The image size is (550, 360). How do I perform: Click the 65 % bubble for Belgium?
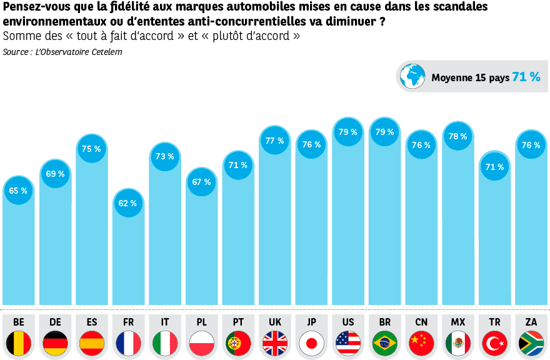pos(19,191)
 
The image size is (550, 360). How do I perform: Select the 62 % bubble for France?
pos(128,203)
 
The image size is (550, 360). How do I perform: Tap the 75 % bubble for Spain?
pos(92,149)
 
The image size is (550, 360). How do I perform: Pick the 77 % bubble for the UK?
pos(275,141)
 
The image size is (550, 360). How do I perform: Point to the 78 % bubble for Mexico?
pos(458,136)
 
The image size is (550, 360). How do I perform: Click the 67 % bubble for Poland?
pos(201,182)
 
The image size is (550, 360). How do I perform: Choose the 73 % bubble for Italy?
pos(165,156)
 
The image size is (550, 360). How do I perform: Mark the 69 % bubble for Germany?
pos(56,174)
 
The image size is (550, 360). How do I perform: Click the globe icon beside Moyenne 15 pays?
pos(412,76)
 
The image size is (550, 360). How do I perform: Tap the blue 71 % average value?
pos(526,77)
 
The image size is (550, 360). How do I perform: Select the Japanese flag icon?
pos(311,343)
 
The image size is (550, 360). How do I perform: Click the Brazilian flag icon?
pos(385,343)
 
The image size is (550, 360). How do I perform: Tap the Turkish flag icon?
pos(494,343)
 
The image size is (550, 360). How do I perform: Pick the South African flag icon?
pos(531,343)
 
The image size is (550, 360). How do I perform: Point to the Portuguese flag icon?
pos(238,343)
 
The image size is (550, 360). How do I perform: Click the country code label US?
pos(348,322)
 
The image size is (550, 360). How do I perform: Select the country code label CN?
pos(421,322)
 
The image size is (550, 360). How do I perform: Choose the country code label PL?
pos(201,322)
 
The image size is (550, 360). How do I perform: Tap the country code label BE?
pos(19,322)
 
